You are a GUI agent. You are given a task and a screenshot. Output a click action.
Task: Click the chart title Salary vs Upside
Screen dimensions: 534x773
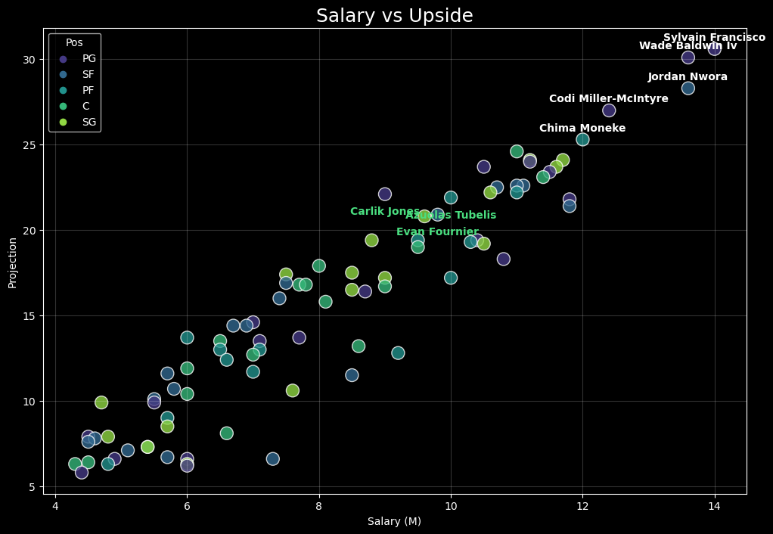pos(394,16)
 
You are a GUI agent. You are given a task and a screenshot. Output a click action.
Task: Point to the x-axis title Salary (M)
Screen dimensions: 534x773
pos(394,521)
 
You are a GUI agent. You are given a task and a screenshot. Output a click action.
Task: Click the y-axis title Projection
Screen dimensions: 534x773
pos(12,262)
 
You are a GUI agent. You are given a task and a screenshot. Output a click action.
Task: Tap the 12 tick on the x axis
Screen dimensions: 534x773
pos(582,505)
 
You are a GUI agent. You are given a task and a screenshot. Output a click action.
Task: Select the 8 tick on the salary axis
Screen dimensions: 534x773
pos(319,505)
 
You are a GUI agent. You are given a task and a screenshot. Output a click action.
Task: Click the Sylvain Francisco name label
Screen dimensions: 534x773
pos(714,38)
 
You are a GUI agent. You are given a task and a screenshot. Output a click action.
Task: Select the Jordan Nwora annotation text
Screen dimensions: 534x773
pos(688,77)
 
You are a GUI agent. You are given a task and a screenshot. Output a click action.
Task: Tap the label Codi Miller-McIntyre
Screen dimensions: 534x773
pos(608,99)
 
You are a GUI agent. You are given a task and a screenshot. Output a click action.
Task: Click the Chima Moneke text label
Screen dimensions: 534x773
pos(582,129)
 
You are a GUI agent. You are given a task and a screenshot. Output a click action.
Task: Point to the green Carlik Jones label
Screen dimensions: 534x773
pos(384,212)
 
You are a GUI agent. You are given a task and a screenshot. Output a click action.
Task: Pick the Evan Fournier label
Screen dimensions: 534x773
pos(437,232)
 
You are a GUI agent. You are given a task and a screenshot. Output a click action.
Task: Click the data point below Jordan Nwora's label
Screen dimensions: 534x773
pos(688,88)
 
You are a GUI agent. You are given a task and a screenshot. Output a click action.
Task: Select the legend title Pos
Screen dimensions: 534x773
pos(74,43)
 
